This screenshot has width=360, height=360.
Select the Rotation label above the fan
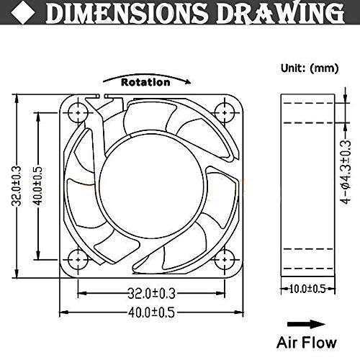[145, 82]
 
